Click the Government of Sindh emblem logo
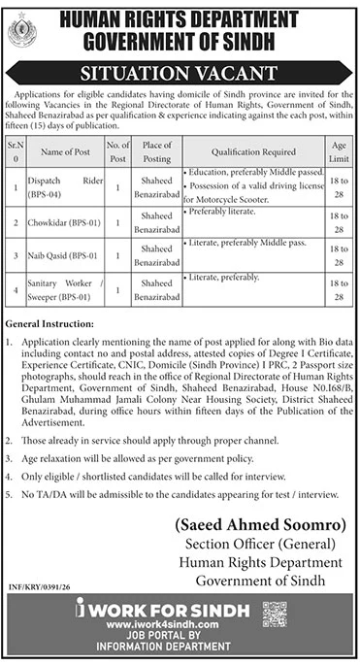(20, 33)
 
